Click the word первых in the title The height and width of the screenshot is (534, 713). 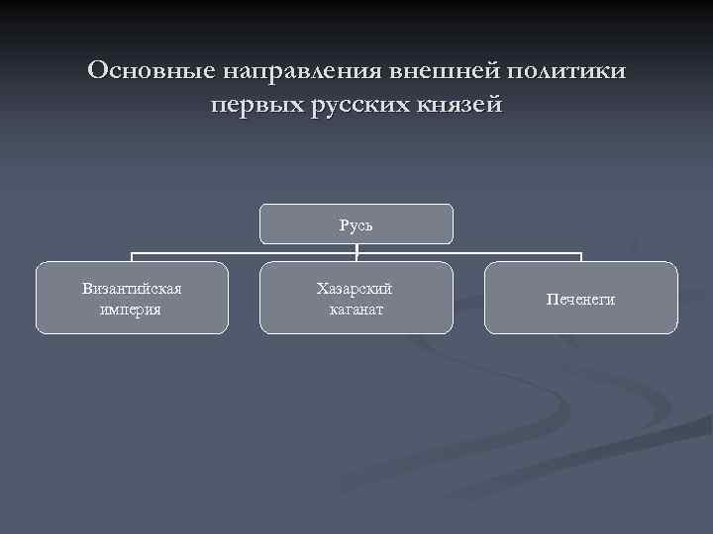[252, 103]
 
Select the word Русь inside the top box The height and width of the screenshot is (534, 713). [356, 224]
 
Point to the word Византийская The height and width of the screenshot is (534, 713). [132, 289]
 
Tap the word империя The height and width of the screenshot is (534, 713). [132, 309]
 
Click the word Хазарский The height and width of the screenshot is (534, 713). [356, 289]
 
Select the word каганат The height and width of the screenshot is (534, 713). [356, 309]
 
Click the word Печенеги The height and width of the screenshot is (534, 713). [580, 299]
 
